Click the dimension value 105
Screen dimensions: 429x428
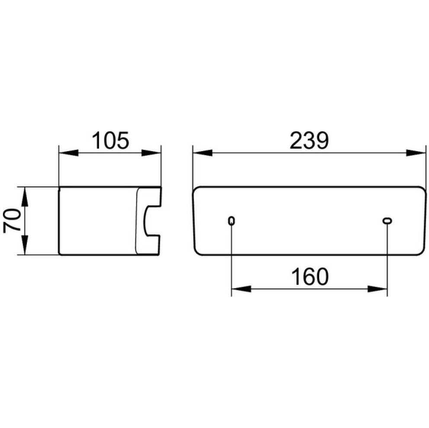pos(110,140)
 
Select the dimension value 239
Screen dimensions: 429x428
pos(309,140)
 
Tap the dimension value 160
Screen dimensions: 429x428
pos(310,276)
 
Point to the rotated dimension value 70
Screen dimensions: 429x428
pos(13,221)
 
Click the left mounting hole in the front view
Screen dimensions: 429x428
pos(231,221)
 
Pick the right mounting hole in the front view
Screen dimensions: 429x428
pos(387,221)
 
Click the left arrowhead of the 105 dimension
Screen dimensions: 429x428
pos(69,153)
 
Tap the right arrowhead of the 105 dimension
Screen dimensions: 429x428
pos(151,153)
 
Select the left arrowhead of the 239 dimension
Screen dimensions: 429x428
pos(203,153)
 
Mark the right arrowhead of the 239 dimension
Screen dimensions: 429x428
pos(416,153)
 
